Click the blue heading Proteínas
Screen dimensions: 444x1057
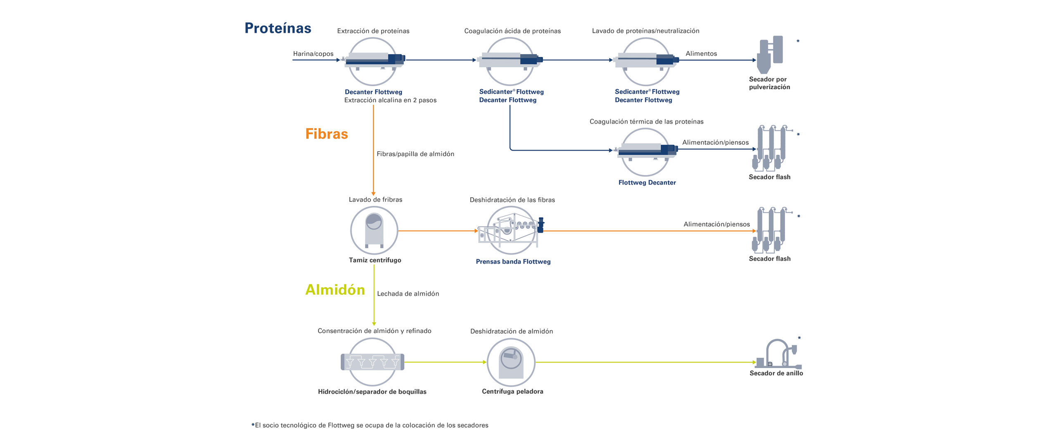point(277,28)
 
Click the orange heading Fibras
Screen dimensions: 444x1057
point(326,134)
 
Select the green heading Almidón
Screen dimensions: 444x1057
point(335,290)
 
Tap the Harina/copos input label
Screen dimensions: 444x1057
point(313,54)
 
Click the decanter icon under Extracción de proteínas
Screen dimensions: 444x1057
point(372,61)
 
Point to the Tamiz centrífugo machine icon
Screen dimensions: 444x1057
point(374,230)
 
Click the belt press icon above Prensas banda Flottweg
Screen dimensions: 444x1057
point(511,230)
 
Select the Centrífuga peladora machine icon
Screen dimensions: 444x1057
point(511,362)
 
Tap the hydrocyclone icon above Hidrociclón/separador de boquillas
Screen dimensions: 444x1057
point(372,362)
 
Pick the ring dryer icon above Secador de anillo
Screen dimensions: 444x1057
point(778,354)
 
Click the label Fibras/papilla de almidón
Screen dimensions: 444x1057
point(415,154)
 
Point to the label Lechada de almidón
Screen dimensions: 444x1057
point(408,294)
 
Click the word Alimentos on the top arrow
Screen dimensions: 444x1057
point(701,54)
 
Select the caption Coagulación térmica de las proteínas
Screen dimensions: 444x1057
point(646,122)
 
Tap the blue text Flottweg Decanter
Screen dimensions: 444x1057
point(647,182)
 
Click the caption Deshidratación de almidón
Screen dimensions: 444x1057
point(511,331)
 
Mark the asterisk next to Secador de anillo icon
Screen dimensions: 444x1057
point(799,338)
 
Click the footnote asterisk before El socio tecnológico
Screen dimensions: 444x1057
point(253,425)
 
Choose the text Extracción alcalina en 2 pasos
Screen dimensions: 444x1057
point(390,100)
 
